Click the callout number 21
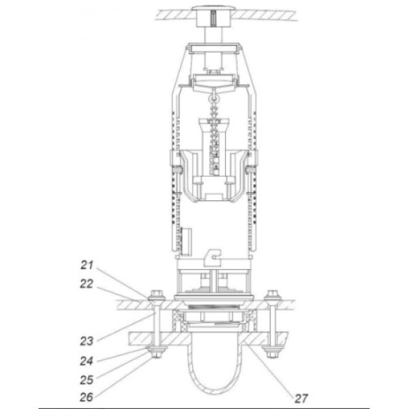[87, 265]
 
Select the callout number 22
[87, 284]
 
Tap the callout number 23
[87, 341]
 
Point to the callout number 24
[87, 361]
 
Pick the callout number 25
[87, 380]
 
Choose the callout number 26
[87, 397]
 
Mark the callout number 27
[301, 398]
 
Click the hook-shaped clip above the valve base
[213, 258]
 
